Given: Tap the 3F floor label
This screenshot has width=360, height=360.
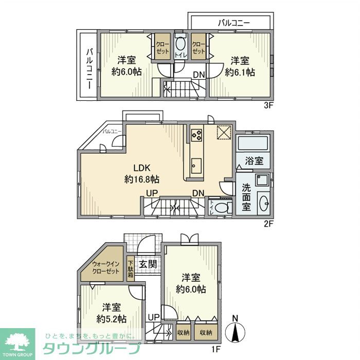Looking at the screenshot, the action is pos(268,105).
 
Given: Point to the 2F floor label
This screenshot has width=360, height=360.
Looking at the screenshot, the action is pos(268,224).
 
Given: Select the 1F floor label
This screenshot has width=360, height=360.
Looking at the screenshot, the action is pos(215,349).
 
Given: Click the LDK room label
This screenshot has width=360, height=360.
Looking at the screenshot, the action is pos(142,168).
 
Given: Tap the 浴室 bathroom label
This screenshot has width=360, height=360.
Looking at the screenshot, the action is pos(254,160).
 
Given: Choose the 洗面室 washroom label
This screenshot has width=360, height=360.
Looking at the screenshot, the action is pos(246,197).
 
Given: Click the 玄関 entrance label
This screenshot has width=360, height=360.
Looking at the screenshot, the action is pos(148,264).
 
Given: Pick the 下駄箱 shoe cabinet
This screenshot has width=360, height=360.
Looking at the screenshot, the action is pos(131,268).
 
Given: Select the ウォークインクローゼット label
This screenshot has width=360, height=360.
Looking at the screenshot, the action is pos(105,268).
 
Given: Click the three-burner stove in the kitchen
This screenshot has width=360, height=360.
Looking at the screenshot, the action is pos(196,135).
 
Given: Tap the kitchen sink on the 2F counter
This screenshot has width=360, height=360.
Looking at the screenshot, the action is pos(196,166).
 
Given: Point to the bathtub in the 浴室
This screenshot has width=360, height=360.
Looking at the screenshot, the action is pos(253,143).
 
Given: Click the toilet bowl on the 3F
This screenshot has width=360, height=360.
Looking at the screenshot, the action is pos(181,44).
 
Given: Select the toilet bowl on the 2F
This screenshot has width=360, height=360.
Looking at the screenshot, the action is pos(221,208).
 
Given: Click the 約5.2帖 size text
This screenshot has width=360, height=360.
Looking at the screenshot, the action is pos(112,319).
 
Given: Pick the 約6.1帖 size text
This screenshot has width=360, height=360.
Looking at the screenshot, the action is pos(240,73).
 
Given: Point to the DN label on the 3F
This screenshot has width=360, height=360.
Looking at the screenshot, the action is pos(199,75).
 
